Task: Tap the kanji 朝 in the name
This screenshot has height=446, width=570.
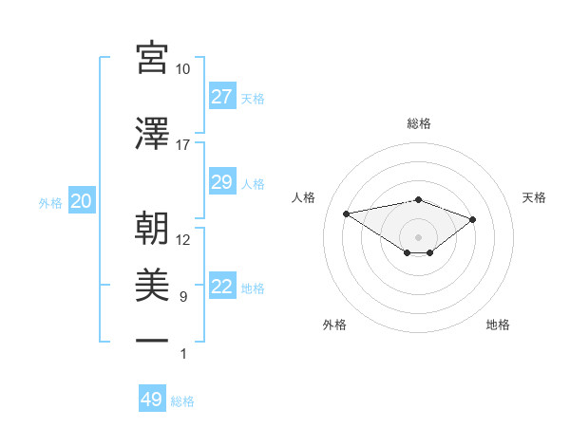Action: (152, 228)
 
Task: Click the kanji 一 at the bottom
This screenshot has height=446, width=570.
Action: (152, 340)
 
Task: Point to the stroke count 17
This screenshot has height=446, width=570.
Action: (182, 145)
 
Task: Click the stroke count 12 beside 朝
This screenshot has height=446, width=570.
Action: (182, 240)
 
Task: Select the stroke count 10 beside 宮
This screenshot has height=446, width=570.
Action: (182, 69)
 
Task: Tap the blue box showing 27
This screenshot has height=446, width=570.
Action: (221, 97)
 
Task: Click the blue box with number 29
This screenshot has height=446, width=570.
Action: (221, 182)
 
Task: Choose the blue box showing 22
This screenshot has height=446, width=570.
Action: (221, 288)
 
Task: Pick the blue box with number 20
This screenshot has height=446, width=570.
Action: (82, 201)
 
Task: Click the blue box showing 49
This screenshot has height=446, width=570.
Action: (152, 400)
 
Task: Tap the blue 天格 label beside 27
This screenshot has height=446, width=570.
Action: (253, 98)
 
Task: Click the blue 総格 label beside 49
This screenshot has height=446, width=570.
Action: (182, 401)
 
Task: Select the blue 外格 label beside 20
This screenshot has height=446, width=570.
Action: (50, 202)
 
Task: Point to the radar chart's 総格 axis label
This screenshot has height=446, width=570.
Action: (418, 123)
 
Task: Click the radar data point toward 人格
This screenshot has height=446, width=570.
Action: (347, 213)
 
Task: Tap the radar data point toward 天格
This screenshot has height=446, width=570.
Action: (472, 219)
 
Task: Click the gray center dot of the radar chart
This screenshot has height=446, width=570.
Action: (418, 236)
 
